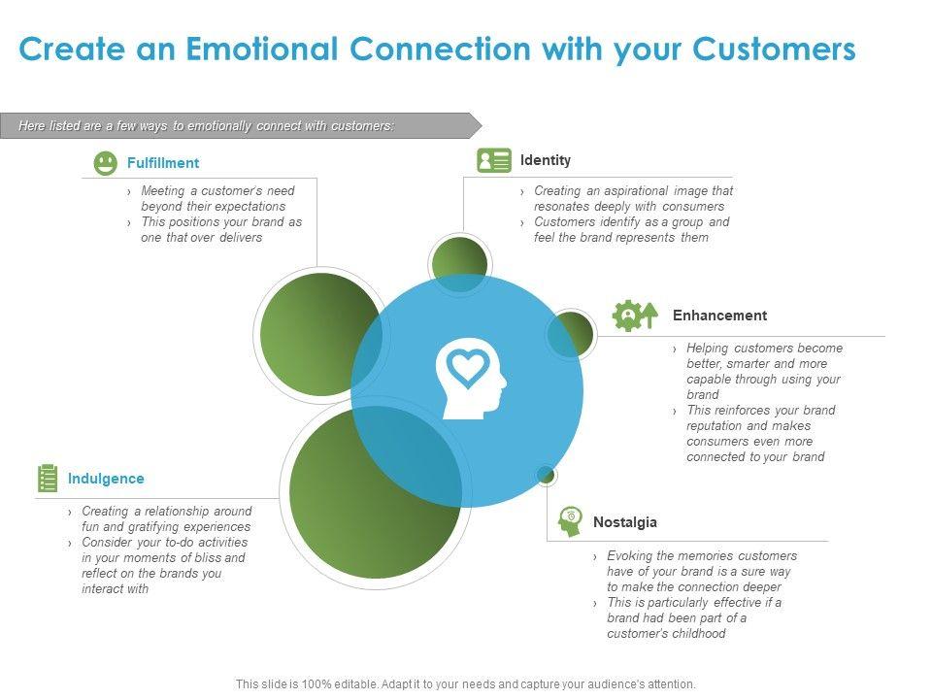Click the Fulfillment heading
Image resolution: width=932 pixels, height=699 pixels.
pos(163,163)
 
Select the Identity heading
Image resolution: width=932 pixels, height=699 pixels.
pos(546,160)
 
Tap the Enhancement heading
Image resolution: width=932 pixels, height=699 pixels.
pos(719,316)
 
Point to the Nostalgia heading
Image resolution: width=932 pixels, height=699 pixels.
pos(625,522)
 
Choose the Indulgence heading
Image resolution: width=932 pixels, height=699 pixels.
pos(106,479)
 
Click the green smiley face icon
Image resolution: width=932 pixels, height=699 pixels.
pos(106,163)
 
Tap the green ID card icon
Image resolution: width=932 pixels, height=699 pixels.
pos(493,160)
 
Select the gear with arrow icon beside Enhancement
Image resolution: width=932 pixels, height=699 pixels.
pos(635,316)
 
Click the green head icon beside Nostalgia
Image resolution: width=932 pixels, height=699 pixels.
pos(570,521)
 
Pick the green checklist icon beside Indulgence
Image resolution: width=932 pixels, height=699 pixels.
pos(48,478)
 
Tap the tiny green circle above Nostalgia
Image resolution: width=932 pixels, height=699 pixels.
pos(546,475)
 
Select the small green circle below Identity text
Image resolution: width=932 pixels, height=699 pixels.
pos(459,264)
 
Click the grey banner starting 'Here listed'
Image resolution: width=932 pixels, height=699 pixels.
pos(233,126)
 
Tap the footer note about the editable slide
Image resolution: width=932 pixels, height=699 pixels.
pos(466,684)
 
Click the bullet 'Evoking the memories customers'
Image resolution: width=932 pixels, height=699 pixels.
pos(702,556)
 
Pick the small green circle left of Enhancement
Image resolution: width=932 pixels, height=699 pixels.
pos(571,335)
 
